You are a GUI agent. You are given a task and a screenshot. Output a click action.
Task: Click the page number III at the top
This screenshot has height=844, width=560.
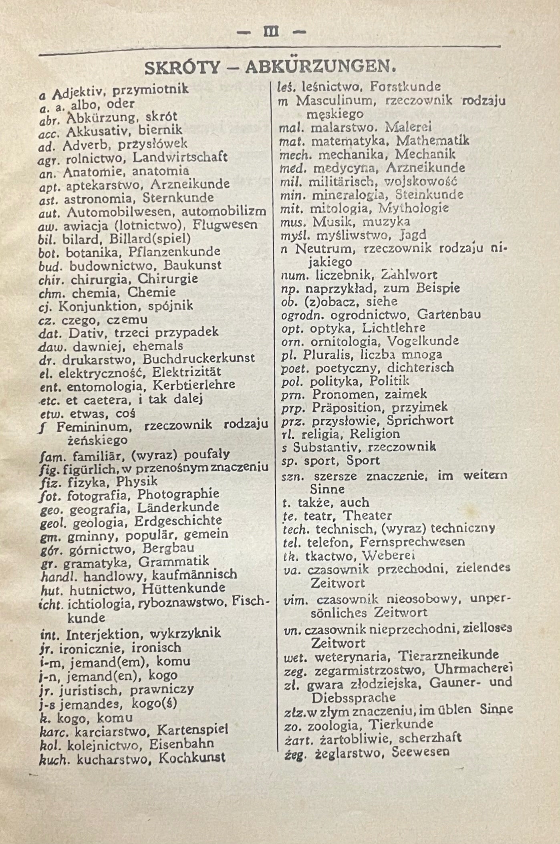pyautogui.click(x=272, y=32)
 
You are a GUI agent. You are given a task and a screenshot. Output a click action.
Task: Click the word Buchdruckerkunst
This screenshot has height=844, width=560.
pyautogui.click(x=199, y=358)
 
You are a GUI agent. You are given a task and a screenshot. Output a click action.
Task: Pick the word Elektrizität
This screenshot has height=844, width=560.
pyautogui.click(x=187, y=372)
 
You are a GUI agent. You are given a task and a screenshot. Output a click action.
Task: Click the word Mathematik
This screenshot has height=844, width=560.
pyautogui.click(x=433, y=141)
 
